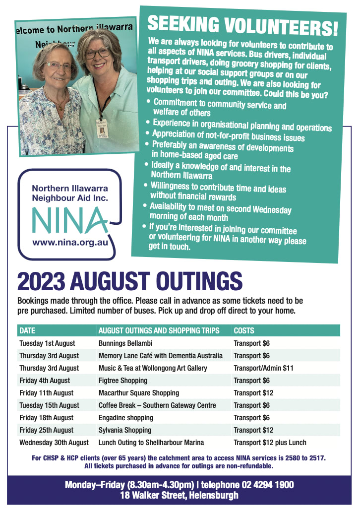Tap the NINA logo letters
(x=69, y=220)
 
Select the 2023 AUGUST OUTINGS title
(x=130, y=281)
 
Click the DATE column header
(x=27, y=330)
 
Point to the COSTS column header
(x=244, y=330)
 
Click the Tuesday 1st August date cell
(x=47, y=343)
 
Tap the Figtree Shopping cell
(x=123, y=381)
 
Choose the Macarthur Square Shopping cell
(x=139, y=393)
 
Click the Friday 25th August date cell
(x=46, y=430)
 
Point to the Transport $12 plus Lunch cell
(x=270, y=443)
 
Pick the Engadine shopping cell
(x=126, y=418)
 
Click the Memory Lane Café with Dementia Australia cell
(x=161, y=356)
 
